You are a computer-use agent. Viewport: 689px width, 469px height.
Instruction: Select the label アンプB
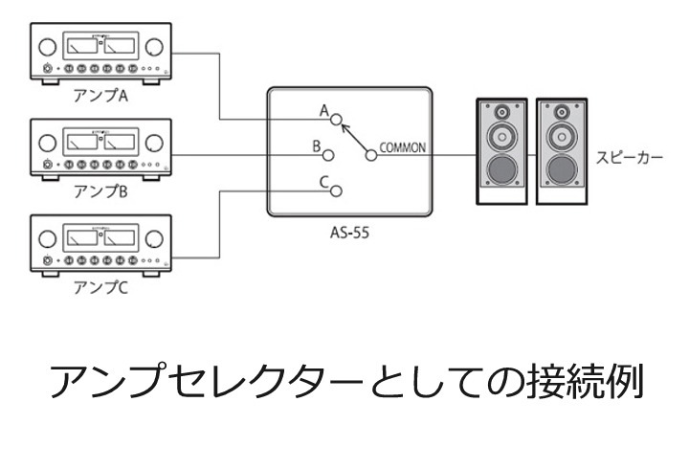100,192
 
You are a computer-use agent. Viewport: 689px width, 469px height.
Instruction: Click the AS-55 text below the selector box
347,235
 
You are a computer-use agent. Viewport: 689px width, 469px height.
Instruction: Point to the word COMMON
403,147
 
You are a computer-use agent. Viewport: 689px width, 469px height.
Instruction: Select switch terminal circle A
336,120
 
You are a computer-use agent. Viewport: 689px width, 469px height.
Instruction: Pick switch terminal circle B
328,154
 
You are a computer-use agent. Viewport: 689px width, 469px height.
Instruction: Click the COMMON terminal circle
370,154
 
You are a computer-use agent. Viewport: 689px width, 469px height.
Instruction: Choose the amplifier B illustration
100,149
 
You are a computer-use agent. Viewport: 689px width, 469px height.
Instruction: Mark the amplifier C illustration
100,248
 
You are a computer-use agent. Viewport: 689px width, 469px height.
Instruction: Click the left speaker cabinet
501,150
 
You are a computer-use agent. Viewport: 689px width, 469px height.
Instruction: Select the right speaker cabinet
560,150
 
